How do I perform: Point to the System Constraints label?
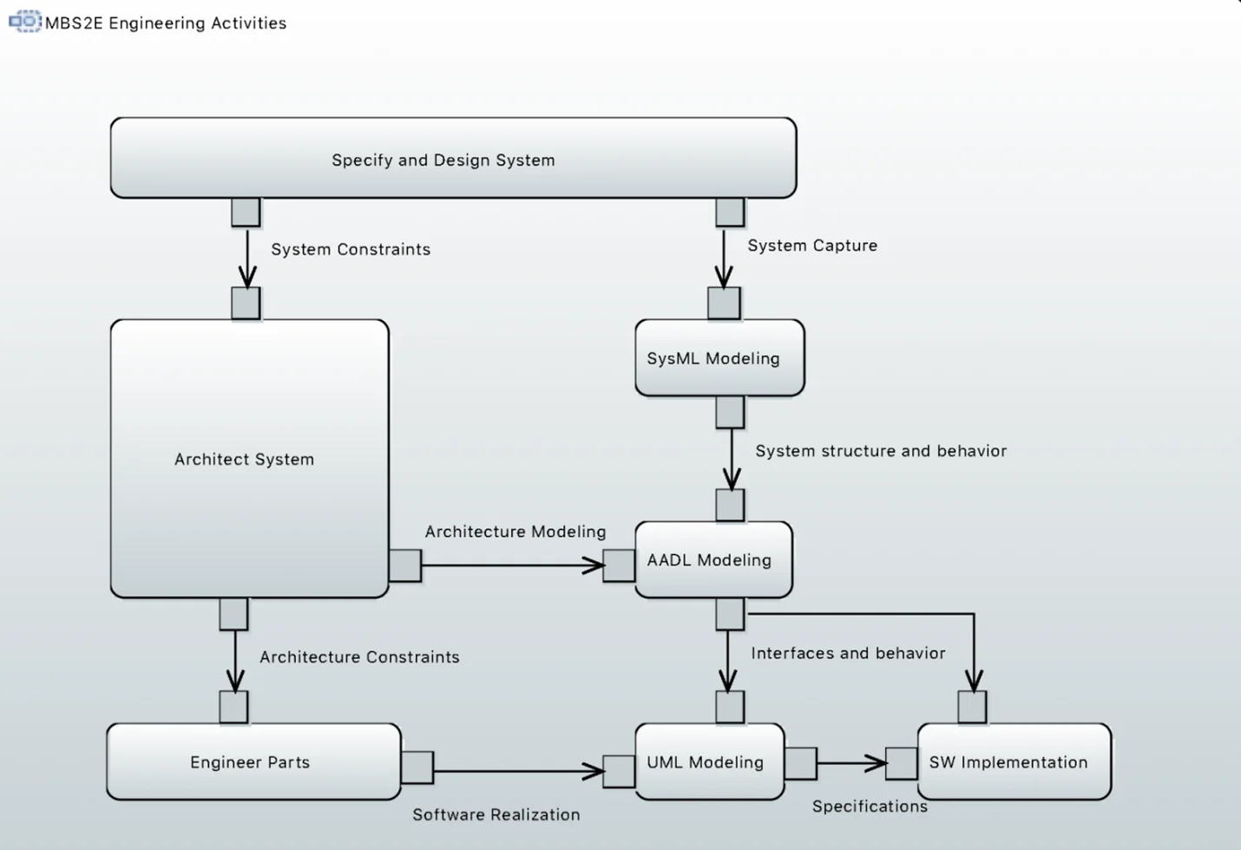pos(351,250)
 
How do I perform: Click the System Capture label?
pos(812,245)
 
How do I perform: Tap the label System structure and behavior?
pos(881,451)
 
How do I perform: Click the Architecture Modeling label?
pos(515,532)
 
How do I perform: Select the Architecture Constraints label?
pos(359,657)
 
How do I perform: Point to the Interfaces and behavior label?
pos(848,653)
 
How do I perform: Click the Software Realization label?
pos(496,814)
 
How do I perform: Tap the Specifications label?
pos(870,807)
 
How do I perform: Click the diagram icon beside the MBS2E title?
pos(25,22)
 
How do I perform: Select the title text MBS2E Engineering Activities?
pos(166,23)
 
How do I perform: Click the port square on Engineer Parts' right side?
pos(417,768)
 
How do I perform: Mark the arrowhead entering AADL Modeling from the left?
pos(594,566)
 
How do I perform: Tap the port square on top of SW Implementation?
pos(972,707)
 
